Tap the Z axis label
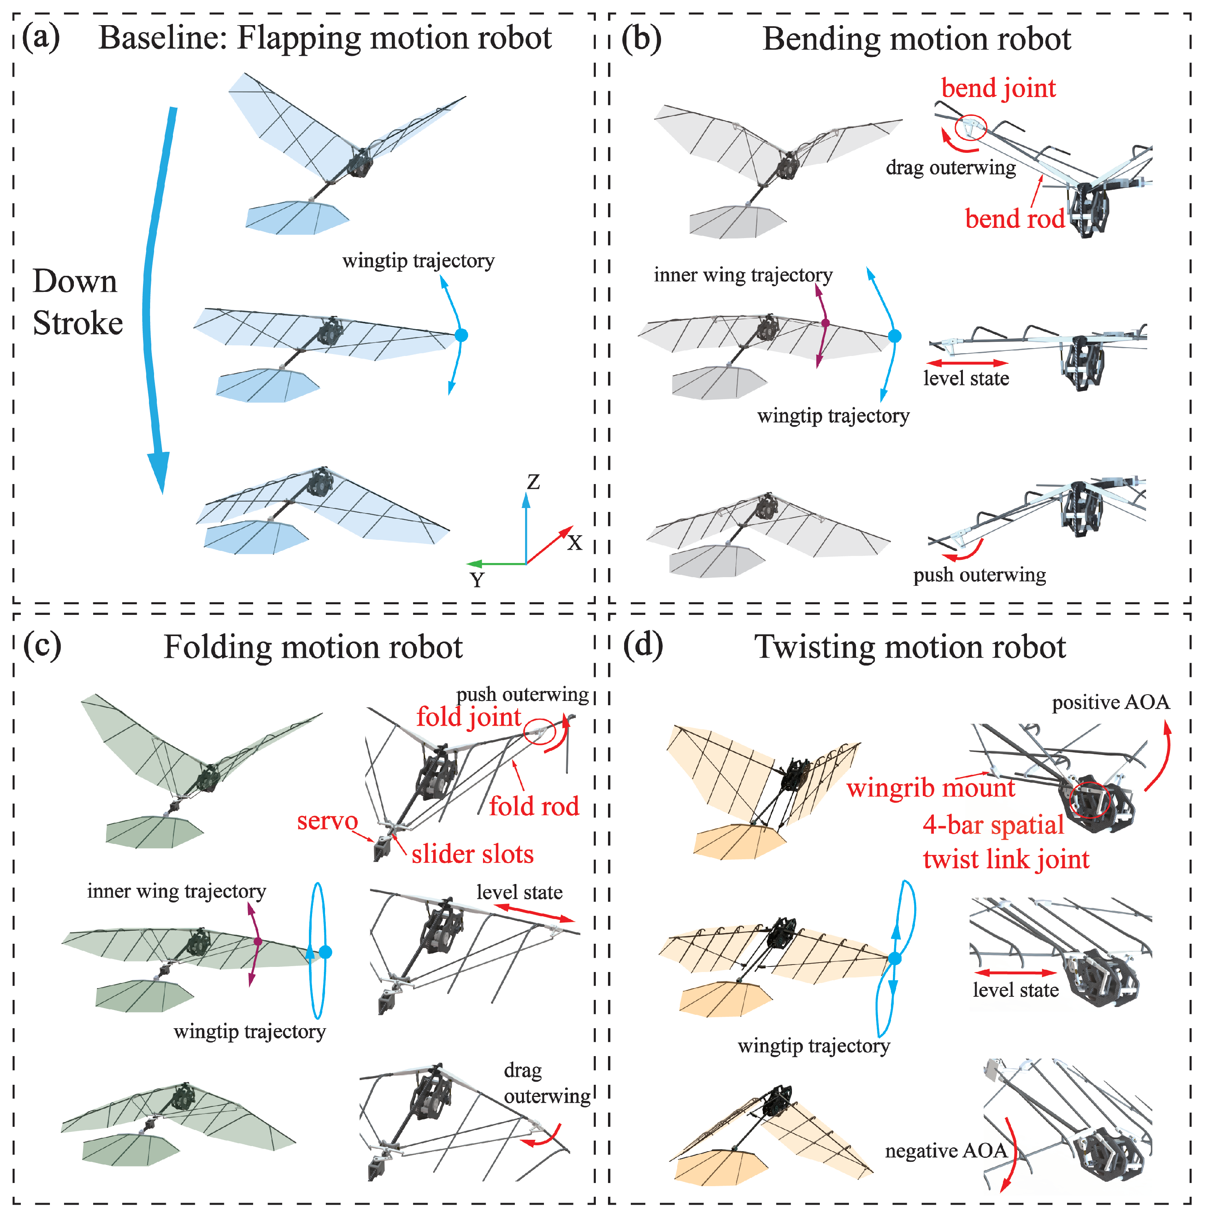pos(533,482)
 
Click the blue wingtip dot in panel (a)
pos(461,336)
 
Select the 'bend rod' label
pos(1014,219)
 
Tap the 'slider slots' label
pos(472,854)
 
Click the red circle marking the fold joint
pos(540,731)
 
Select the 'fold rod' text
pos(534,806)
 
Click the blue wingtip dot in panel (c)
pos(325,952)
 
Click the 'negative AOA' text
pos(946,1151)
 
